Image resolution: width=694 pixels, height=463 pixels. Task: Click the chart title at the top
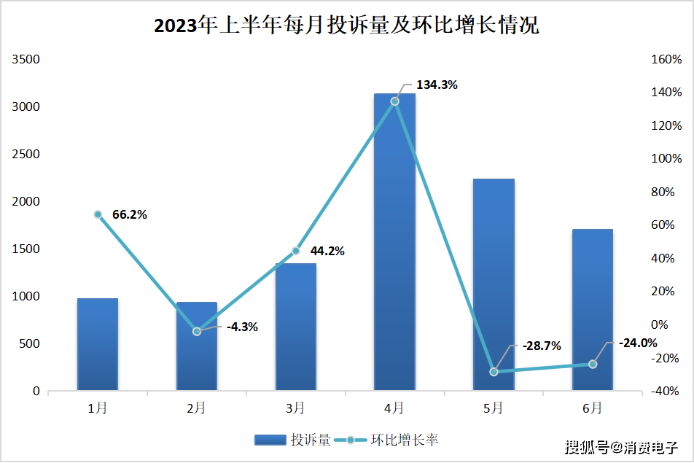(x=346, y=26)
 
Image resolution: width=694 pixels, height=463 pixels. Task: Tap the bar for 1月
(x=98, y=344)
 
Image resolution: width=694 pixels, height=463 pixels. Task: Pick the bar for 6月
(x=593, y=310)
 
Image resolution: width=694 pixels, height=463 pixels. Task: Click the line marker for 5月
(x=494, y=372)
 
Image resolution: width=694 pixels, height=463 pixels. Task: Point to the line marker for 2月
(x=197, y=332)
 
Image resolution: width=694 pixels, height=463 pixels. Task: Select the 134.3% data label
(x=437, y=85)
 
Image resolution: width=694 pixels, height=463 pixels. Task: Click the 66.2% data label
(x=130, y=214)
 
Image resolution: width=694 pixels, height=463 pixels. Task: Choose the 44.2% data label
(x=327, y=251)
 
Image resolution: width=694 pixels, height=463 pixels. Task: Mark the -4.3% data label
(x=242, y=327)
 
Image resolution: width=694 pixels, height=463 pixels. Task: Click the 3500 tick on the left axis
(x=26, y=60)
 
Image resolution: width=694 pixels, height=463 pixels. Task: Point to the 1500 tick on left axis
(x=26, y=249)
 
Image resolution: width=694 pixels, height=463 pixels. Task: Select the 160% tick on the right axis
(x=667, y=60)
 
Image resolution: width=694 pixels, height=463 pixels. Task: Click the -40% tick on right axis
(x=667, y=392)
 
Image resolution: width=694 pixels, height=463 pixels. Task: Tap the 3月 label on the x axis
(x=295, y=409)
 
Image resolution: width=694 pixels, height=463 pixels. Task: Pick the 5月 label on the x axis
(x=494, y=409)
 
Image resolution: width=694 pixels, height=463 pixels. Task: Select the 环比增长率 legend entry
(x=392, y=440)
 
